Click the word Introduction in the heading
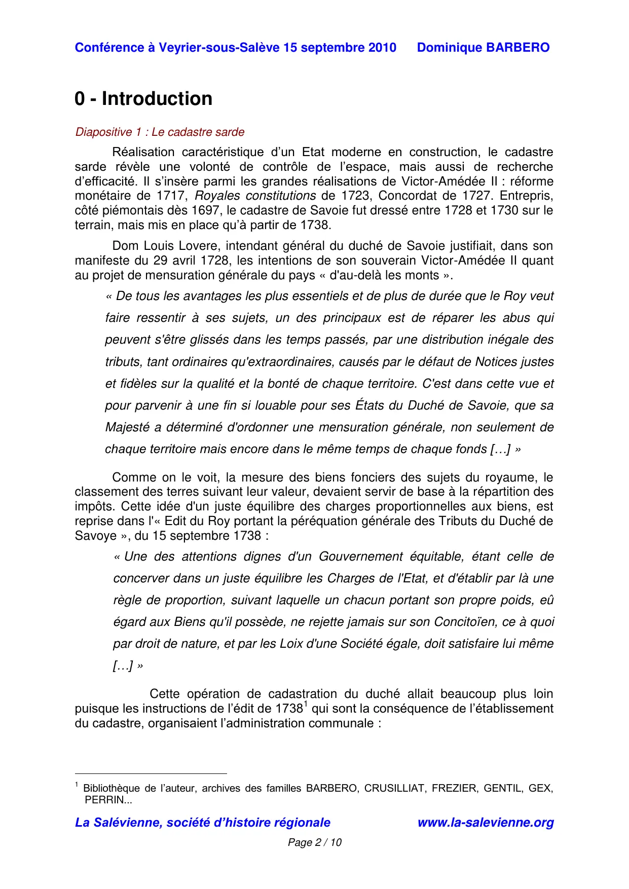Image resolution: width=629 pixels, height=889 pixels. point(157,99)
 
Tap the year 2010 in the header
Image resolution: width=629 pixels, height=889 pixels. point(382,48)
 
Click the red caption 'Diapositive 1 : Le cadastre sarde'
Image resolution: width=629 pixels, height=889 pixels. point(160,132)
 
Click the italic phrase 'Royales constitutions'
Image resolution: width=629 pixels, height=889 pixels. point(255,196)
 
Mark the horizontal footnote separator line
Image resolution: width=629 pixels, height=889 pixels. point(151,774)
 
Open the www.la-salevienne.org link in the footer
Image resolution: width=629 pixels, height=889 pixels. point(485,823)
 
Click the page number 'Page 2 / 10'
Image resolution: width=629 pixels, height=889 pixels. point(314,842)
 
